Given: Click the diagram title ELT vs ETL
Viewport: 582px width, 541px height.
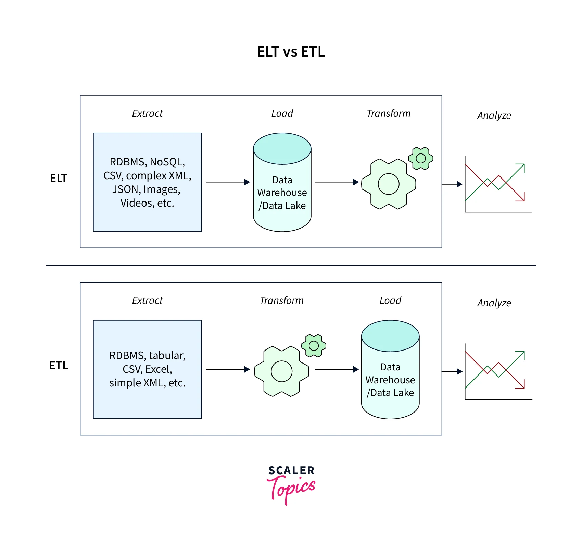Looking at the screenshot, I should click(291, 52).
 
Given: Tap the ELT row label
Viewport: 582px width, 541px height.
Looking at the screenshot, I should click(59, 178).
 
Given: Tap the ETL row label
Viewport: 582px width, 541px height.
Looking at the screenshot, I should click(59, 366).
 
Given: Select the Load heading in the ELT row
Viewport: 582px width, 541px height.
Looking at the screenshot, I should click(282, 113).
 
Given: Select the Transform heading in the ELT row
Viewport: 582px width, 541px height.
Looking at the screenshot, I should click(389, 113).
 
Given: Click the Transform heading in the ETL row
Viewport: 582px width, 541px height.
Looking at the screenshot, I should click(281, 300).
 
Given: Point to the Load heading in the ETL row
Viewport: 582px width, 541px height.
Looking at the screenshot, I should click(390, 300).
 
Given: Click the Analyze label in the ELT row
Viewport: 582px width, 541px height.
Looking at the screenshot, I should click(494, 116).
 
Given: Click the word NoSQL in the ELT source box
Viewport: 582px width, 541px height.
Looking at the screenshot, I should click(167, 162).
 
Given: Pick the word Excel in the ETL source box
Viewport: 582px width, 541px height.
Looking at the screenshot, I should click(158, 369).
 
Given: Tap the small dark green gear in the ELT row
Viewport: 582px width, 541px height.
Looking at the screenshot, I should click(421, 158).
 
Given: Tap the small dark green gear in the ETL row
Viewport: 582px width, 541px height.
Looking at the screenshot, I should click(314, 346).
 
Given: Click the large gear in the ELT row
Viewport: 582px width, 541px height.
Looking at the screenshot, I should click(389, 184).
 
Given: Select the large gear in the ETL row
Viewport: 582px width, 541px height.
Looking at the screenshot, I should click(281, 371).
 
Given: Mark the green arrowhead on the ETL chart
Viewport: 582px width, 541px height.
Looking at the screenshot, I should click(522, 354).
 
